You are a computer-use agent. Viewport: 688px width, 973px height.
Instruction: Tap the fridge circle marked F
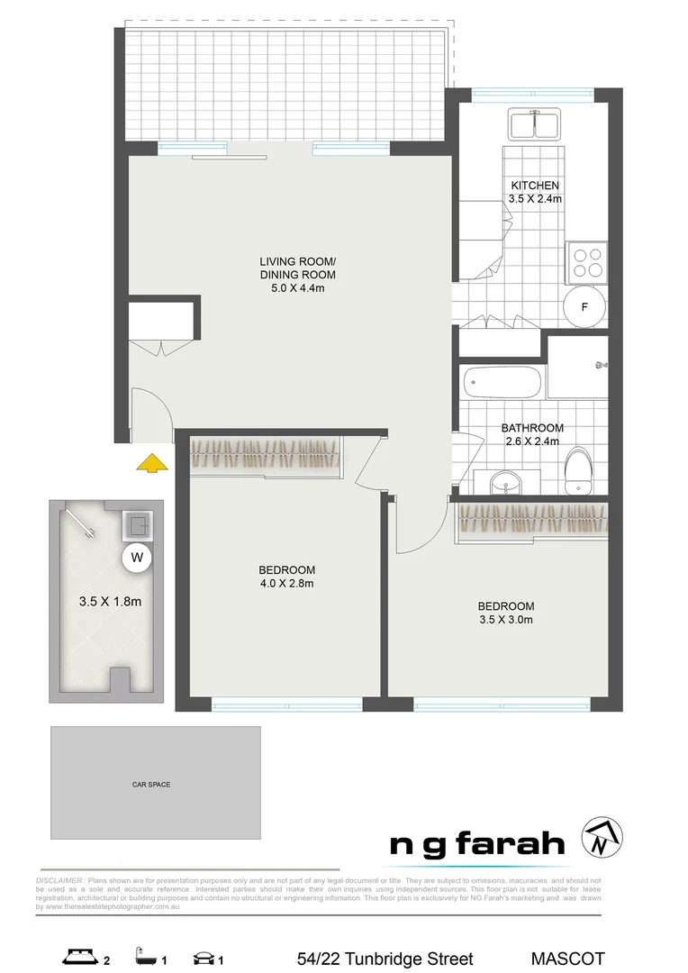(584, 307)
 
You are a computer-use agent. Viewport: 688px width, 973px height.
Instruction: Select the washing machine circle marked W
(137, 558)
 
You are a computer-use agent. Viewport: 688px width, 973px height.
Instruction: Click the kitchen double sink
(535, 125)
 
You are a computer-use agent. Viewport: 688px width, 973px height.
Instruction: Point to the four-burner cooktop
(584, 260)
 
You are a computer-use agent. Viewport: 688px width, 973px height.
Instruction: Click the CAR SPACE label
(151, 785)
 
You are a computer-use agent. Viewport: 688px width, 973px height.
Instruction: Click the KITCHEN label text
(535, 186)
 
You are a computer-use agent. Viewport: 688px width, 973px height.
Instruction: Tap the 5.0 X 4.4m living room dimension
(297, 288)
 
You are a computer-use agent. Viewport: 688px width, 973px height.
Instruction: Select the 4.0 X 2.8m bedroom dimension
(286, 583)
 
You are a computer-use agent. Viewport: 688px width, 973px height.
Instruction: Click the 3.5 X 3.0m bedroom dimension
(505, 619)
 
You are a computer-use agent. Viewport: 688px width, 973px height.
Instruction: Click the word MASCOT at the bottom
(567, 959)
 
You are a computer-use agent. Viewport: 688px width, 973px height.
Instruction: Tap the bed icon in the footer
(78, 958)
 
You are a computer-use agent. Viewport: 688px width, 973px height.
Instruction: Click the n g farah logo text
(477, 844)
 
